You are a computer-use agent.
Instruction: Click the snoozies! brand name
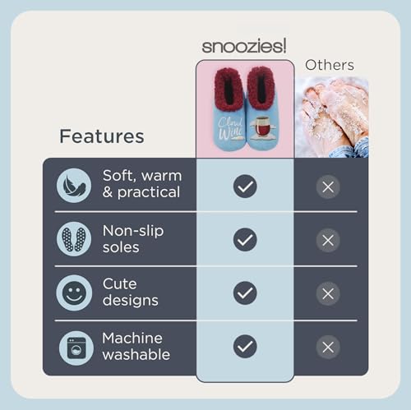(x=244, y=45)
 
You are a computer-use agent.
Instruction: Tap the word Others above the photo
(x=330, y=64)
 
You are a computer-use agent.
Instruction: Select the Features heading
(x=101, y=136)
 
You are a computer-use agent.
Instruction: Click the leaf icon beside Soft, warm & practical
(x=74, y=185)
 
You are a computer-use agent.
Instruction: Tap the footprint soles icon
(x=74, y=239)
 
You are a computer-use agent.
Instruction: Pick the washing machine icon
(x=74, y=347)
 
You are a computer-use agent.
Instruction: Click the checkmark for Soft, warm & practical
(x=244, y=187)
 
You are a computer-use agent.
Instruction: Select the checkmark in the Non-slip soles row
(x=244, y=240)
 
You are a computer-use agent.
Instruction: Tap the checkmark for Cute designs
(x=244, y=293)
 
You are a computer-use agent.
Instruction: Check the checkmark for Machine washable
(x=244, y=347)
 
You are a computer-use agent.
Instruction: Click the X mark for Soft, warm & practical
(x=328, y=187)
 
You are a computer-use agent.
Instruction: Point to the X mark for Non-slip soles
(x=328, y=240)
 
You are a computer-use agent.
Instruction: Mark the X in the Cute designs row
(x=328, y=293)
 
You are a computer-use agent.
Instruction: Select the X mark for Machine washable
(x=328, y=347)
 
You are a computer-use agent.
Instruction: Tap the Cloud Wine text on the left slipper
(x=225, y=127)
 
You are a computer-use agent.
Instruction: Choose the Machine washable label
(x=136, y=346)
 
